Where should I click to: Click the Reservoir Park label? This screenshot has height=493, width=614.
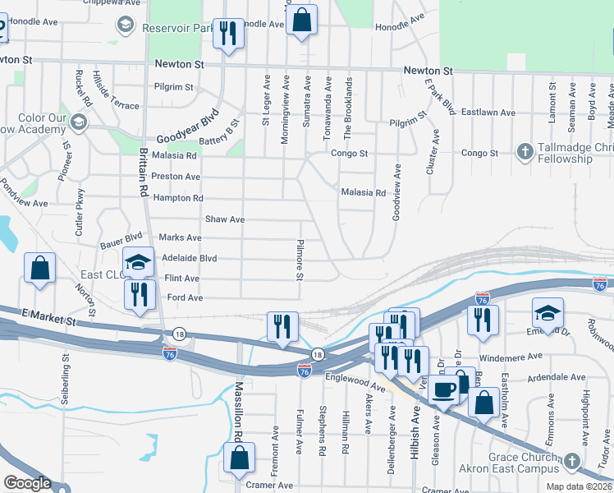[177, 28]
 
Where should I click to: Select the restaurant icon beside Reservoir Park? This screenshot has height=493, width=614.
[227, 34]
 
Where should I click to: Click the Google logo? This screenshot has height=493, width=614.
[26, 483]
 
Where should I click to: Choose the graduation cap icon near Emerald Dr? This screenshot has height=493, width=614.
[548, 313]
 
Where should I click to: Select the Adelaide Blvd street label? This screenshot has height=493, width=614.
[190, 258]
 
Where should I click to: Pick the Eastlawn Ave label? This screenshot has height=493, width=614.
[488, 112]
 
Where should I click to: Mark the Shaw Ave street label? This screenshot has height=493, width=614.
[225, 219]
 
